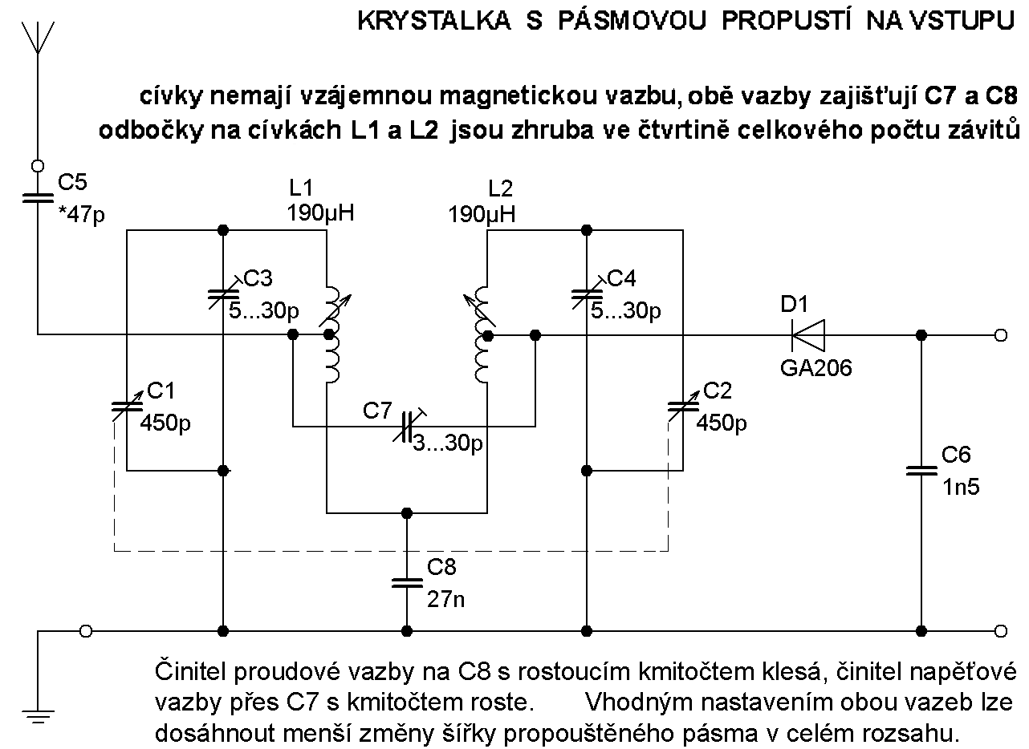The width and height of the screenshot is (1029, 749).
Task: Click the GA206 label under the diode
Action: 815,369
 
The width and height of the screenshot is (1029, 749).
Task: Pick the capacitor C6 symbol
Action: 920,471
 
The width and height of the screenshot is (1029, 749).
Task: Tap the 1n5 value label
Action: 961,486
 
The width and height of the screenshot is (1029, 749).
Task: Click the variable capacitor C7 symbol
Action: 407,426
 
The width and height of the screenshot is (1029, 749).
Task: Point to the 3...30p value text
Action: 446,443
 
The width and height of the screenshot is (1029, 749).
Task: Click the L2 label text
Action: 500,189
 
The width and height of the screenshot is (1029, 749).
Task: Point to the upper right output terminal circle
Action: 1000,335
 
